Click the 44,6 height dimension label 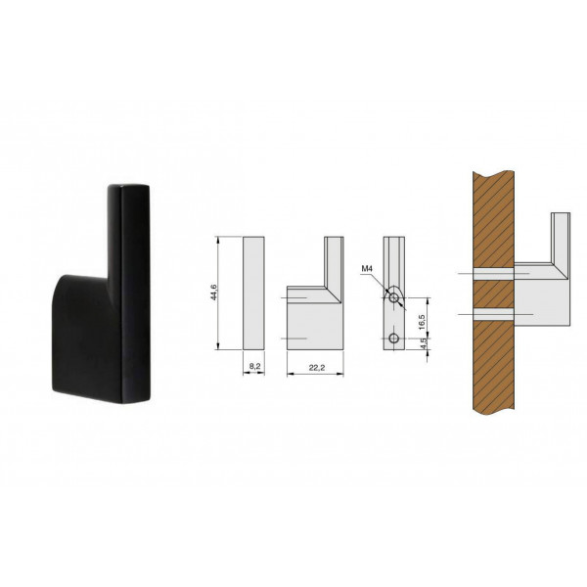coord(214,293)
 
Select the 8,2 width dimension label coord(254,367)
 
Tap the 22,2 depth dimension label coord(317,368)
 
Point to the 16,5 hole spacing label coord(423,322)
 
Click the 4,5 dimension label coord(423,343)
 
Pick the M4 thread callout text coord(367,268)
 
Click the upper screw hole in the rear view coord(393,298)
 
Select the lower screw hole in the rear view coord(393,339)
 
